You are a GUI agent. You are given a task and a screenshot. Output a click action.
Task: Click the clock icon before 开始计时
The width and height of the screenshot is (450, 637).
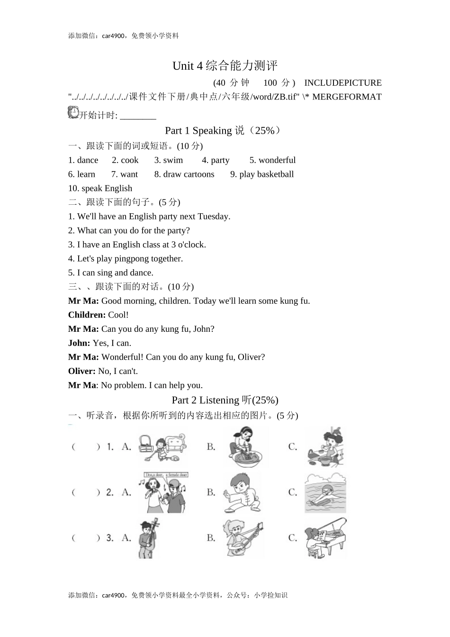(x=73, y=112)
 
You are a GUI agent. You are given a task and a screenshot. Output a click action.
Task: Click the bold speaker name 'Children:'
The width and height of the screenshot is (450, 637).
(x=87, y=315)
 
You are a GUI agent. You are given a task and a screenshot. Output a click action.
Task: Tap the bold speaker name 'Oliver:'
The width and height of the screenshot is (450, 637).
(x=82, y=372)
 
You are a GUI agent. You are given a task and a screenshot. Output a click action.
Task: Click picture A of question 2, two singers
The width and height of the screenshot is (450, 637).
(x=163, y=492)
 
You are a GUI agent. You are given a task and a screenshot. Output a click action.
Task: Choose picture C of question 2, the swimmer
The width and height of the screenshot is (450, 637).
(x=325, y=493)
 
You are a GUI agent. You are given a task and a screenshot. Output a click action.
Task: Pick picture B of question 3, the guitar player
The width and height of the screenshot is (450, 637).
(x=243, y=538)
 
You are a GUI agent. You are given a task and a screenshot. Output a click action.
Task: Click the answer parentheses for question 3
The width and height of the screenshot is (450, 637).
(x=86, y=538)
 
